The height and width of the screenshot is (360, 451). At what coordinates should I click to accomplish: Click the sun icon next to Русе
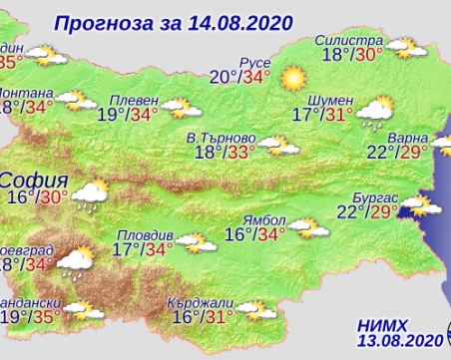click(x=291, y=76)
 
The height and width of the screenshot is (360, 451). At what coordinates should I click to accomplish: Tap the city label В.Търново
click(x=220, y=136)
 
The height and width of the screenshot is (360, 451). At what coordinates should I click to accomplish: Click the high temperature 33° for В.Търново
click(x=240, y=153)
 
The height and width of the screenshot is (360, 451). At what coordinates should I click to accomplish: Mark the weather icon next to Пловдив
click(x=198, y=242)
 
